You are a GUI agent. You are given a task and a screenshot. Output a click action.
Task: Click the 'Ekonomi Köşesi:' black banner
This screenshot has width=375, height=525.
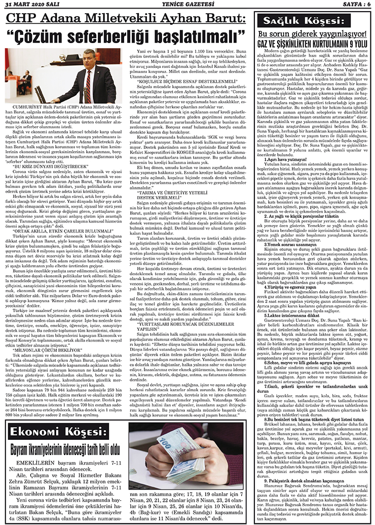point(66,431)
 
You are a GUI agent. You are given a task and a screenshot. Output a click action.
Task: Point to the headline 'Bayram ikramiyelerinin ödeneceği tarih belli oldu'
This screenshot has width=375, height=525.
point(65,448)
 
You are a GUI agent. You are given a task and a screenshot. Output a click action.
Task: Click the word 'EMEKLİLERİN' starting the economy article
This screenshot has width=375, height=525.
point(34,464)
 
